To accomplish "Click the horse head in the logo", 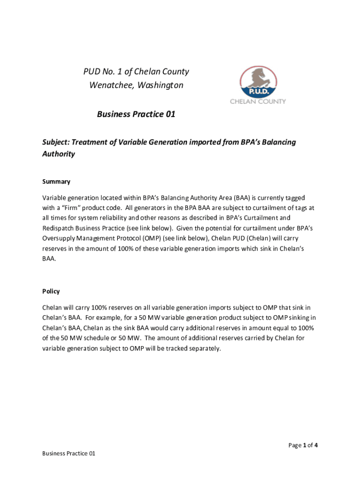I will click(257, 75).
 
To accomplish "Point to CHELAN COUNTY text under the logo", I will click(258, 101).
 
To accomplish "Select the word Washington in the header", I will click(162, 85).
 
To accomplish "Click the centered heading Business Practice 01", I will click(136, 114).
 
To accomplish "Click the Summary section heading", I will click(56, 181).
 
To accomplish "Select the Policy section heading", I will click(51, 291).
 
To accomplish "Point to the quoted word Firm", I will click(68, 208).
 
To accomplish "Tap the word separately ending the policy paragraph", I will click(203, 348).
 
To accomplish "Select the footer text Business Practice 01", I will click(69, 454).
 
